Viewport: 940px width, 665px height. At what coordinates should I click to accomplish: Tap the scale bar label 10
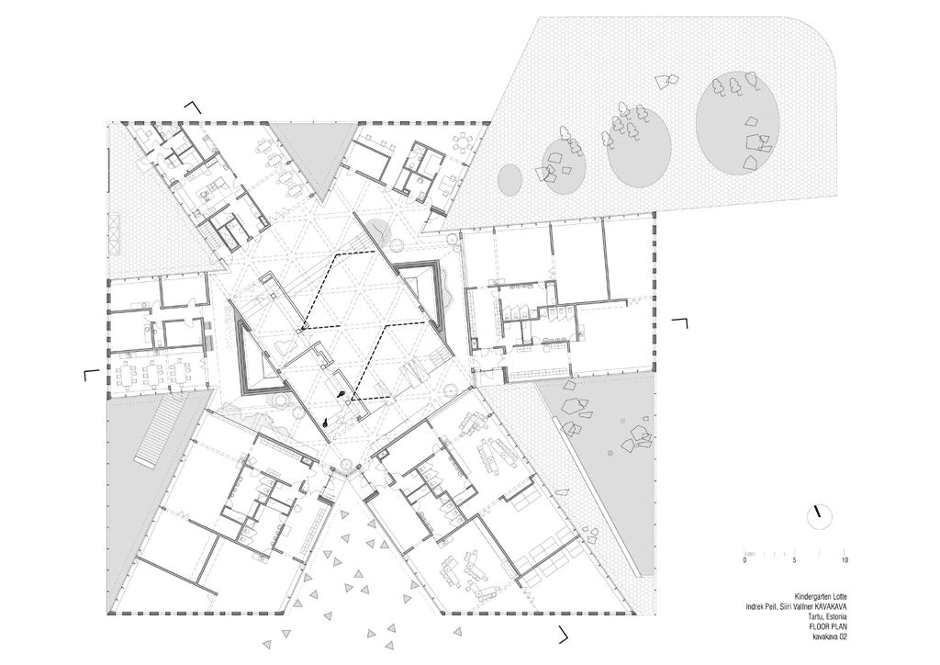845,560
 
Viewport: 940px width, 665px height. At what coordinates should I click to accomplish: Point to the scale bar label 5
794,560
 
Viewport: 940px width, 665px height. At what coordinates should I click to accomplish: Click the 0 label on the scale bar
744,560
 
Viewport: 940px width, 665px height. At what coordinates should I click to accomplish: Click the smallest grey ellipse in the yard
509,178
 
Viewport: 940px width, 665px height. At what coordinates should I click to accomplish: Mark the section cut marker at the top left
193,107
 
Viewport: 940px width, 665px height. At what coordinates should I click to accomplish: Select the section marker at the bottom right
564,634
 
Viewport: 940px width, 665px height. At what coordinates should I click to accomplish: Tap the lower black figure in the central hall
326,422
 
